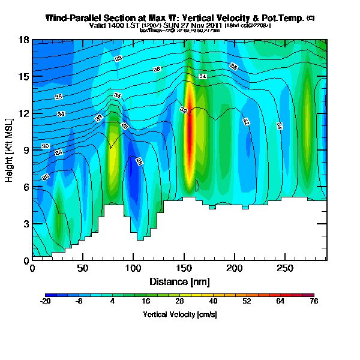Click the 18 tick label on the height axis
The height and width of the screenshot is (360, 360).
point(24,40)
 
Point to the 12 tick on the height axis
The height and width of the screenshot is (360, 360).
point(32,113)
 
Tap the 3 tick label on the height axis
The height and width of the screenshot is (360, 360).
point(26,224)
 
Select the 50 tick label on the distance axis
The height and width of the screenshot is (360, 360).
point(83,269)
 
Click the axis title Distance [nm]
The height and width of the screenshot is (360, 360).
point(179,281)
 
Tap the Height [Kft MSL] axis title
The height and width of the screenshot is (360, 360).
point(10,150)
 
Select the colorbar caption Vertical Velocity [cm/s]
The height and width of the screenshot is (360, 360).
point(179,314)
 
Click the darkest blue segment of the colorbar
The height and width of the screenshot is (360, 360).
point(51,296)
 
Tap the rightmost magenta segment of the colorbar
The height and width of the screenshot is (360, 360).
point(308,296)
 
